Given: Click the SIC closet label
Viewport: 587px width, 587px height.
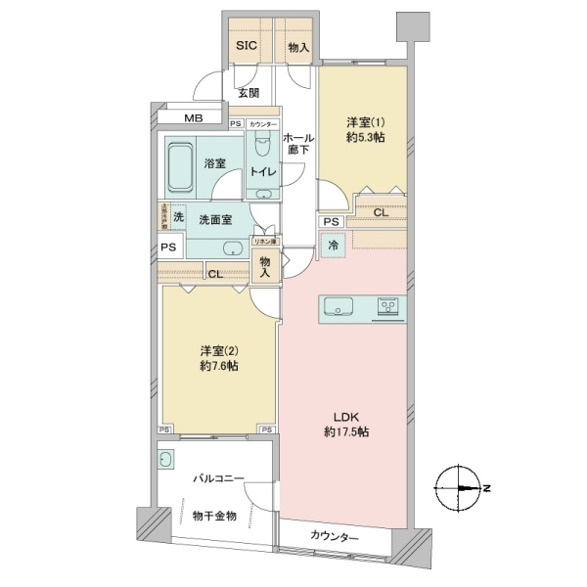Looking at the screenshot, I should click(x=244, y=46).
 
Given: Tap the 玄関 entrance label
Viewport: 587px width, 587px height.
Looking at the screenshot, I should click(x=248, y=94).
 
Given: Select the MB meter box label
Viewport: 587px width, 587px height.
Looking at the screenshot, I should click(x=194, y=119).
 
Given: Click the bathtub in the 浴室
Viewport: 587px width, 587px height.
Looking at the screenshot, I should click(x=179, y=165).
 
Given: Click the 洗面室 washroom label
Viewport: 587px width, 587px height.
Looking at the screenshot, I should click(x=215, y=220).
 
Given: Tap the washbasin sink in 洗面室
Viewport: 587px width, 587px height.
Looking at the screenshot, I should click(x=234, y=248).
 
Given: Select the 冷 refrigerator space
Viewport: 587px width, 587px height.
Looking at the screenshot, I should click(x=334, y=244).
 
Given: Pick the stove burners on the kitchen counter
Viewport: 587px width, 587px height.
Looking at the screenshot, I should click(x=387, y=308).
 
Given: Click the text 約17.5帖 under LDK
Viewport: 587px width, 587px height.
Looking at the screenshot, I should click(x=346, y=432).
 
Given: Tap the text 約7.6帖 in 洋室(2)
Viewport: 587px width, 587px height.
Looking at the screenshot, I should click(x=220, y=366).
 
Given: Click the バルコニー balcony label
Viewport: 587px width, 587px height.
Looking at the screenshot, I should click(x=217, y=477).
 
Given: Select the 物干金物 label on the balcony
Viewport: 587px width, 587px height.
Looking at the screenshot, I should click(x=214, y=515).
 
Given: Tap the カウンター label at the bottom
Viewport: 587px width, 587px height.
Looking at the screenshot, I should click(x=335, y=537).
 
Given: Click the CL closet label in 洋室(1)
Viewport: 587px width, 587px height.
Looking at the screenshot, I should click(x=379, y=211).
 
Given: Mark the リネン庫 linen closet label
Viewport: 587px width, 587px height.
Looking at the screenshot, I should click(x=265, y=241).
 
